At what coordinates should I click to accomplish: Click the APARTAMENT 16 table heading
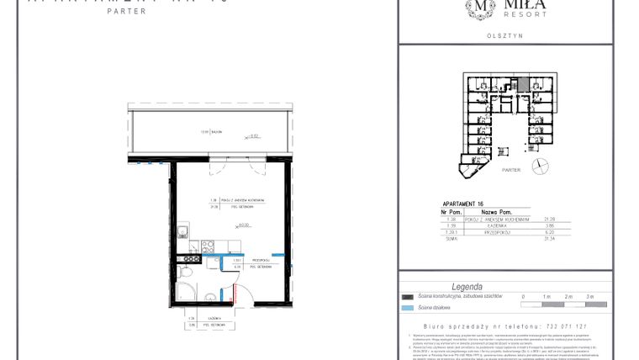tap(464, 204)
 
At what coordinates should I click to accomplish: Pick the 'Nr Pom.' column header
tap(452, 213)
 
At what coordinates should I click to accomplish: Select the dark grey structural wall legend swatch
tap(409, 297)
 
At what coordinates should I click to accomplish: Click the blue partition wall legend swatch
tap(409, 308)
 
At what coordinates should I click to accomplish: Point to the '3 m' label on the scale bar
tap(589, 297)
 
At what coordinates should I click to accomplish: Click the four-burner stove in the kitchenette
tap(206, 247)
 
